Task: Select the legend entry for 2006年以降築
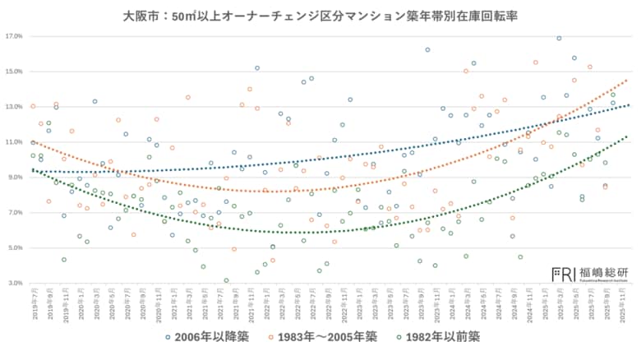(x=205, y=336)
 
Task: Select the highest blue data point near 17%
(x=559, y=38)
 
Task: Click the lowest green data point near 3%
(x=226, y=280)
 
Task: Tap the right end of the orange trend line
(x=627, y=81)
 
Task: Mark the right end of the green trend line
(x=627, y=136)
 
